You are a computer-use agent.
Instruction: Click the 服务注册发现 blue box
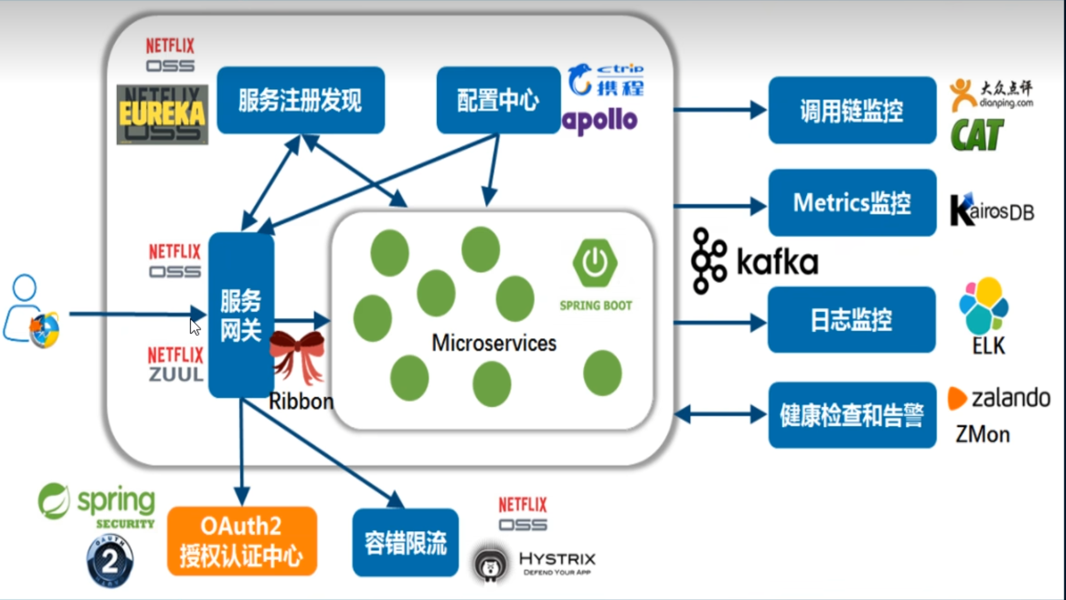(301, 100)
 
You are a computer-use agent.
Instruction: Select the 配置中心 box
(498, 100)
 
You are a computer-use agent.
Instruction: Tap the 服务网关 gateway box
(241, 315)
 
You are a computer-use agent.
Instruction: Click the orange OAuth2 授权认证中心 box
(242, 541)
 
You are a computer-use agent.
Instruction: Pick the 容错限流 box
(405, 542)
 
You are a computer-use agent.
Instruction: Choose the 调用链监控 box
(852, 110)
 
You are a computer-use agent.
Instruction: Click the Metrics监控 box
(852, 203)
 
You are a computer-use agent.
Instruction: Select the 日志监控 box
(851, 320)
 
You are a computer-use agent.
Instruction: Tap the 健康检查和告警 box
(852, 415)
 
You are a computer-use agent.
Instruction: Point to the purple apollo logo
(600, 120)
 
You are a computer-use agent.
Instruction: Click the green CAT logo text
(977, 135)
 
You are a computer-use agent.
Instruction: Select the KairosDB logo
(991, 211)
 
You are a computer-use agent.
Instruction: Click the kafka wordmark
(777, 262)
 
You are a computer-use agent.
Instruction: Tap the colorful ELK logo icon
(984, 305)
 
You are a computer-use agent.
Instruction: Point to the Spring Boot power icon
(595, 263)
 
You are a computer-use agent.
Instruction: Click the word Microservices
(494, 343)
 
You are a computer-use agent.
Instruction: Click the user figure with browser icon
(31, 312)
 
